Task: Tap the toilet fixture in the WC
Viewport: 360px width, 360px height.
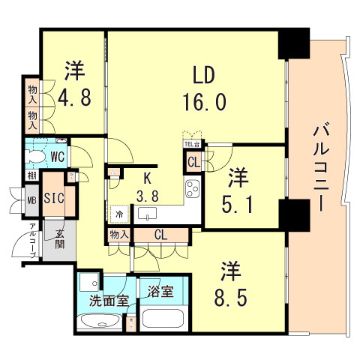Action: pos(34,156)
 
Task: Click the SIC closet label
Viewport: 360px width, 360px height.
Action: pos(53,198)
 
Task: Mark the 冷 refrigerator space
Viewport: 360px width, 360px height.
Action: pos(118,214)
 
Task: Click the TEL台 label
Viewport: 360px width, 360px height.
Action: pos(192,144)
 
